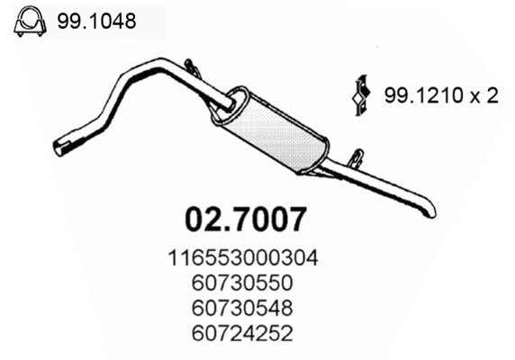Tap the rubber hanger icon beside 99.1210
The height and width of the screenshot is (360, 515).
360,95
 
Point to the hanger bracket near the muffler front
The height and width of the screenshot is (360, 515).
192,68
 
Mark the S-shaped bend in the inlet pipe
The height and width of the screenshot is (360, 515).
113,99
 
